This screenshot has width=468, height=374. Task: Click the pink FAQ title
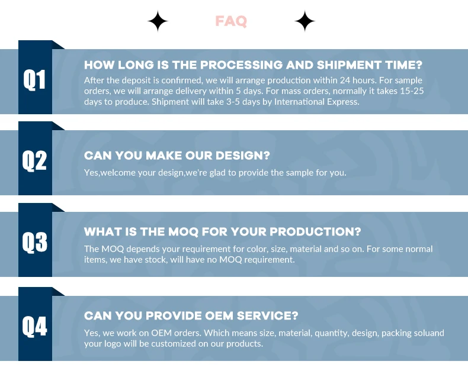click(231, 21)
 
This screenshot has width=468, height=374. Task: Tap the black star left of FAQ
click(158, 21)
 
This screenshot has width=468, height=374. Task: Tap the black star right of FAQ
click(304, 21)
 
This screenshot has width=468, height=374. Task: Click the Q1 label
click(34, 79)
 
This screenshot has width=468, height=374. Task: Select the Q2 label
click(34, 161)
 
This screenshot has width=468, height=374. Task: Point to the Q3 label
click(34, 242)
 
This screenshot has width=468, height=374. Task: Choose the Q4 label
click(34, 326)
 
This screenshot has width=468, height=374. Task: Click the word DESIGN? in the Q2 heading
click(243, 156)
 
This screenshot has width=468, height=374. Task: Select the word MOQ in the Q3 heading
click(183, 232)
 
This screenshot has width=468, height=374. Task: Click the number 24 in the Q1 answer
click(345, 80)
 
